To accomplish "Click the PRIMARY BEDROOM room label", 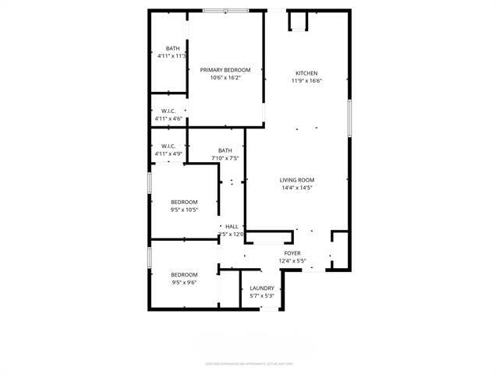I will [x=225, y=70].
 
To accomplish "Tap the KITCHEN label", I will [x=306, y=73].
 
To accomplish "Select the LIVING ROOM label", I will [x=296, y=180].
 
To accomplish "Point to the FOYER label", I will [x=292, y=254].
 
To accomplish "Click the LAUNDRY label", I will [x=262, y=288].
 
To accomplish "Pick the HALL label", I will [x=232, y=227].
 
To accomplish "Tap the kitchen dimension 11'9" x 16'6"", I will [x=306, y=81].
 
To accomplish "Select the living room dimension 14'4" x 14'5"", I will [x=296, y=188].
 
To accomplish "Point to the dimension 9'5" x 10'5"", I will [x=184, y=209].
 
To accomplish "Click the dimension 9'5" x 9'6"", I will [x=184, y=282].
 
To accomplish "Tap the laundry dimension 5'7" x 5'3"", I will [x=262, y=296].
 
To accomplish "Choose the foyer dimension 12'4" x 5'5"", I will [x=292, y=262].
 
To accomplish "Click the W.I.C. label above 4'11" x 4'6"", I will [x=168, y=111].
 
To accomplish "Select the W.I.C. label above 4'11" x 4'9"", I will [x=168, y=146].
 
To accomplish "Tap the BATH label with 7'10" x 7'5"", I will [x=225, y=150].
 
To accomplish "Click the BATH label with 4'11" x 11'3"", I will [x=172, y=48].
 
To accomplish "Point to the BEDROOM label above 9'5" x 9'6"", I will [x=184, y=274].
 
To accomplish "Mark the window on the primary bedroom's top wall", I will [x=225, y=10].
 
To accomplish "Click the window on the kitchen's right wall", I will [x=349, y=117].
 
